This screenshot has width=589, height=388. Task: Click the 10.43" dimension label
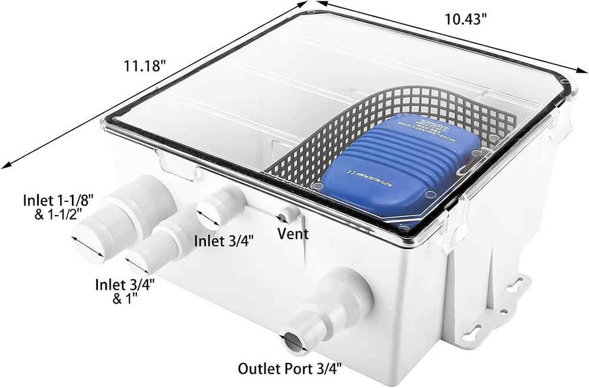click(x=465, y=19)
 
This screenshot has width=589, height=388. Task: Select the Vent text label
click(x=293, y=234)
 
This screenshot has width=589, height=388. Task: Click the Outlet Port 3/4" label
click(x=289, y=369)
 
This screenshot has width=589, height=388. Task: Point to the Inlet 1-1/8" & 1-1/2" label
click(x=57, y=205)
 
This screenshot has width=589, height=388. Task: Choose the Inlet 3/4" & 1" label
click(x=125, y=291)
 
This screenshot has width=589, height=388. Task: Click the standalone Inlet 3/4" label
click(x=224, y=240)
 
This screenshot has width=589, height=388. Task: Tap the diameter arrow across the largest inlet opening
click(x=87, y=247)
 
